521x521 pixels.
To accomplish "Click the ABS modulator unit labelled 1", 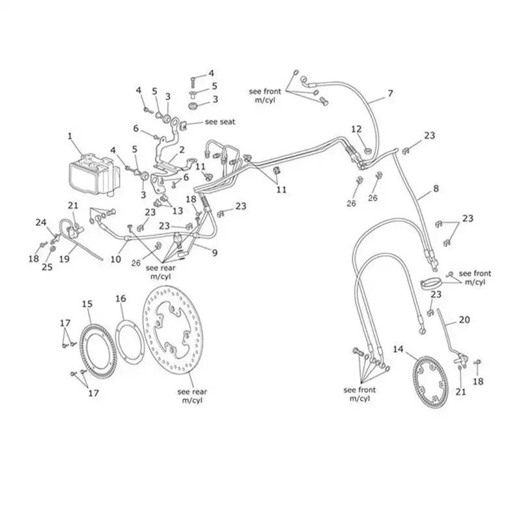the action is [x=94, y=174].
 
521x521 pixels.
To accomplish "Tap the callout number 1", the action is [x=70, y=136].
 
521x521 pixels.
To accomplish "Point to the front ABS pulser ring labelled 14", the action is [x=430, y=382].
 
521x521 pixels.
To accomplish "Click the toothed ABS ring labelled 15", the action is [x=98, y=351].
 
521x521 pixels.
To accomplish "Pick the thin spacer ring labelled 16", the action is [x=129, y=343].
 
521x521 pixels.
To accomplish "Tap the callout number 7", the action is [x=390, y=93].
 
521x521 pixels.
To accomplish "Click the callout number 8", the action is [x=436, y=188].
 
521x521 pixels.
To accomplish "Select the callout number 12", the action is [x=356, y=129].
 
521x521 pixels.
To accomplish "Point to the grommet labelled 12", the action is [x=368, y=152].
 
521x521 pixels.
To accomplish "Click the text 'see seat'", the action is [x=220, y=122].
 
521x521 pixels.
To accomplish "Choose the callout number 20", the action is [x=464, y=320].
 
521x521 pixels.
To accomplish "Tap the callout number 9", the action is [x=215, y=253].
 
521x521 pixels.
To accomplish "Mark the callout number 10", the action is [x=116, y=259].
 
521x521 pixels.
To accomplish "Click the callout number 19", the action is [x=64, y=259].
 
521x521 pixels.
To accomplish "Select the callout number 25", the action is [x=47, y=266].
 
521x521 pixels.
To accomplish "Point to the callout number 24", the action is [x=41, y=222].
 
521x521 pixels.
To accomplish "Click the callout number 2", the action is [x=182, y=150].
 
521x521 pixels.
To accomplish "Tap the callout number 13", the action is [x=177, y=210].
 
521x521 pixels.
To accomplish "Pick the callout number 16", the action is [x=120, y=298].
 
